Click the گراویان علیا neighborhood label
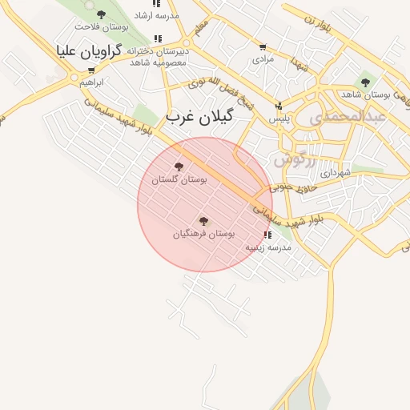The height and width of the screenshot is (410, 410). coord(90,50)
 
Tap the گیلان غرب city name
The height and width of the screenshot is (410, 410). coord(199,116)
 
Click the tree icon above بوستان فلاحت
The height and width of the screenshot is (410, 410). coord(100,14)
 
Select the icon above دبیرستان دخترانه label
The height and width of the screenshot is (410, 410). coord(158,38)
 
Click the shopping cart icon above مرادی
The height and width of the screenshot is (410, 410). coord(263,47)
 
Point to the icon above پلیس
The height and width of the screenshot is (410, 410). coord(279,107)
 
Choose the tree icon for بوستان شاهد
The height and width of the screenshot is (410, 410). coord(366,82)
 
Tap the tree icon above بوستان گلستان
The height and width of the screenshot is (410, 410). coord(178,167)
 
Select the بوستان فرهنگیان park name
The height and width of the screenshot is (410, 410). coord(204,233)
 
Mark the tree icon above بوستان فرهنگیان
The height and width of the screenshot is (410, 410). coord(203,220)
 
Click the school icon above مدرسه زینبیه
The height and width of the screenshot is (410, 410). coord(267,235)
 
